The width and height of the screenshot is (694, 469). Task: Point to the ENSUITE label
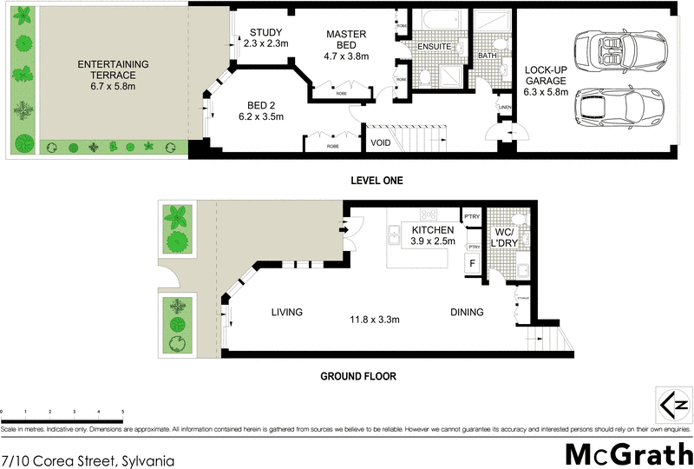(x=434, y=46)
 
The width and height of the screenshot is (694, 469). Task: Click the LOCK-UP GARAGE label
(x=546, y=79)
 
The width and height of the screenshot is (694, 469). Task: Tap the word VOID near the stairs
(x=380, y=143)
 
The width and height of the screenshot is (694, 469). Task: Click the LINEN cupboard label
(x=505, y=108)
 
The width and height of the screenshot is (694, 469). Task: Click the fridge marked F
(x=473, y=262)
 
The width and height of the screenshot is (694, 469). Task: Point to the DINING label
(x=466, y=313)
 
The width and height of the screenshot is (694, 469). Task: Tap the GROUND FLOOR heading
(x=358, y=377)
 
